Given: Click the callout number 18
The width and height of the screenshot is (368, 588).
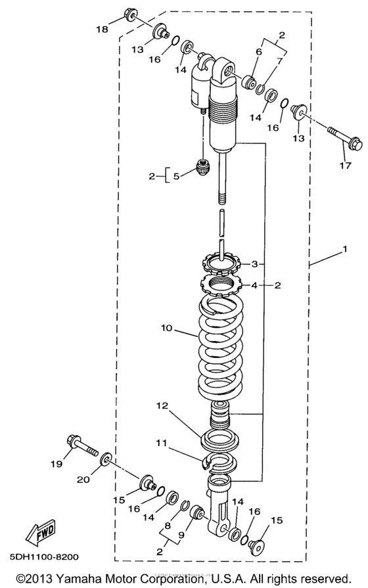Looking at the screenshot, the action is pyautogui.click(x=102, y=29).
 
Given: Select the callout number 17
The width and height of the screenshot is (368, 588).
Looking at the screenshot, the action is pyautogui.click(x=345, y=165).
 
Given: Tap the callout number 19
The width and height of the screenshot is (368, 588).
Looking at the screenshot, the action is pyautogui.click(x=57, y=464).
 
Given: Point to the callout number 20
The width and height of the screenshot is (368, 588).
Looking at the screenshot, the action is pyautogui.click(x=83, y=479).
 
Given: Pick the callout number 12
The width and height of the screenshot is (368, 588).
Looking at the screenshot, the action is pyautogui.click(x=163, y=405).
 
